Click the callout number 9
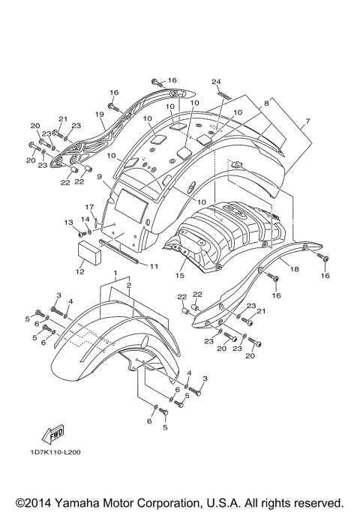[98, 176]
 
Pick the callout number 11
[154, 266]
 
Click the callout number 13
[68, 223]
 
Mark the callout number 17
[88, 208]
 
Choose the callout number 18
[295, 268]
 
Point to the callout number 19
[99, 115]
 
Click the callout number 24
[216, 81]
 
